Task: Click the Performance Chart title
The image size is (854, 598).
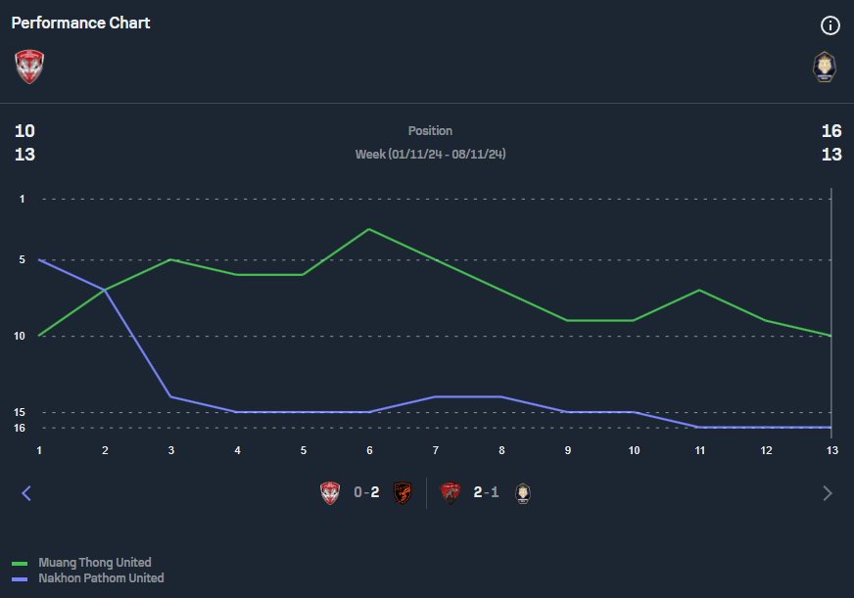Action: [x=80, y=23]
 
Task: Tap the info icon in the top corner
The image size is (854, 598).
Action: [x=830, y=25]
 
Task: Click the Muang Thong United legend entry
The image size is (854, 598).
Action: [x=94, y=563]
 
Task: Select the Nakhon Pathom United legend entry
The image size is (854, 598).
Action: [x=100, y=578]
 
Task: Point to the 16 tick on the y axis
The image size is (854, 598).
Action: [x=20, y=428]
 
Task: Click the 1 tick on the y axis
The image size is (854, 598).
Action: [x=22, y=199]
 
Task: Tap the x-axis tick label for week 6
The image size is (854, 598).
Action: [x=369, y=450]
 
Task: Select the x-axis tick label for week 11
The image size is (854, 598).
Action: [x=699, y=450]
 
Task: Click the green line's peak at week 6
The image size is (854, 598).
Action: [x=369, y=229]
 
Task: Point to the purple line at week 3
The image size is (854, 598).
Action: [x=170, y=396]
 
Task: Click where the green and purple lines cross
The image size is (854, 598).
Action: [x=105, y=290]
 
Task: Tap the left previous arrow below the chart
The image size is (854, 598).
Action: [x=26, y=493]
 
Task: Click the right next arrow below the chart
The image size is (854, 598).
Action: [x=828, y=493]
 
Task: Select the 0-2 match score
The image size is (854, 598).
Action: [x=366, y=492]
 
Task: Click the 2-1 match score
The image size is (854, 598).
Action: [x=486, y=492]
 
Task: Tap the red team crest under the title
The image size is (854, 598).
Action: [x=29, y=67]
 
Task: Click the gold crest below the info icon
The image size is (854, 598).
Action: [x=825, y=67]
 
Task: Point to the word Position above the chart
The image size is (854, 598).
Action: [x=430, y=130]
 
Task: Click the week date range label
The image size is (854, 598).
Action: [x=430, y=155]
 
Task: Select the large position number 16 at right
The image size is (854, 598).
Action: [x=831, y=131]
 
